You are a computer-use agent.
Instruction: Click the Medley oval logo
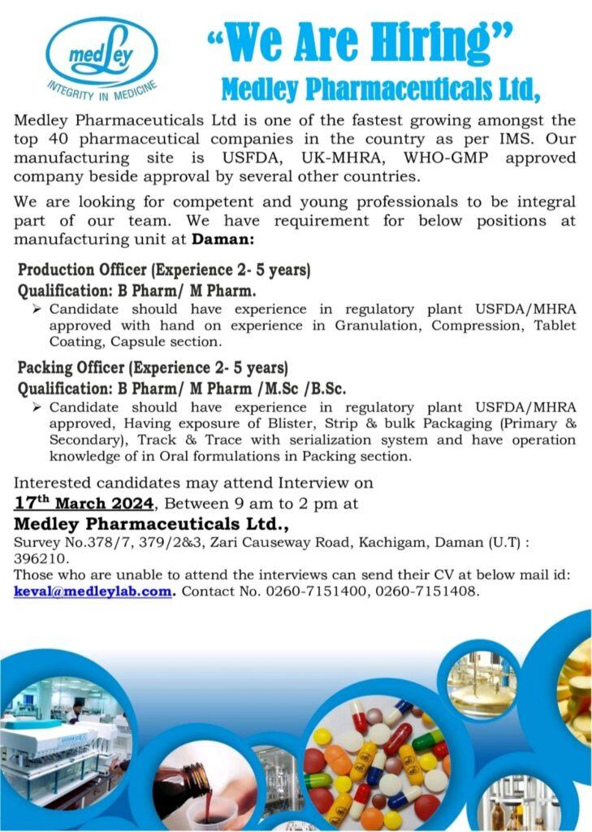(x=102, y=54)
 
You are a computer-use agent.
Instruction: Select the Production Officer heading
(x=164, y=269)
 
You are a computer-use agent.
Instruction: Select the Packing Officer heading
(x=153, y=367)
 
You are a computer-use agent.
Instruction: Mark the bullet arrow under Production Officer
(x=37, y=310)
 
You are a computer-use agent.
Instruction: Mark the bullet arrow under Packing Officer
(x=37, y=407)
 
